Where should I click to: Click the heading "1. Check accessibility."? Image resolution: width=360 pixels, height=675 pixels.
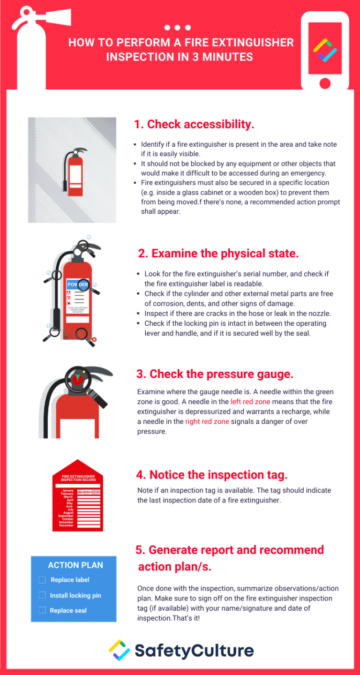coord(194,124)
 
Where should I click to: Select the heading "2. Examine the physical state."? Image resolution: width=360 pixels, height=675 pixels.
coord(218,254)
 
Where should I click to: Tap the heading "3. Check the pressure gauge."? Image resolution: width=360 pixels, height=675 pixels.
coord(215,374)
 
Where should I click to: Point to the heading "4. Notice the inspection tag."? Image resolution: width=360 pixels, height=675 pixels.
coord(212,475)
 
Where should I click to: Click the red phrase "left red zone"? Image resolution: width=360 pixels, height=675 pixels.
coord(250,402)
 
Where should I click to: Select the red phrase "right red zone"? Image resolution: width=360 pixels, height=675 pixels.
coord(207,421)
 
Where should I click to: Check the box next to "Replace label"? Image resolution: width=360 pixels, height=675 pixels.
coord(42,580)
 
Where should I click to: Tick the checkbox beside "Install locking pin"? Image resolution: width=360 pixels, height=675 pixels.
coord(42,595)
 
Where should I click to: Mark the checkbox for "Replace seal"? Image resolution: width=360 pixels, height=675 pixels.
coord(42,610)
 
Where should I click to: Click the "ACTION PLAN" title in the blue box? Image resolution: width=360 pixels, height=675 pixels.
coord(75,565)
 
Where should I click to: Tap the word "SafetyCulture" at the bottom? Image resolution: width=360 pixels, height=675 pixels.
coord(194,651)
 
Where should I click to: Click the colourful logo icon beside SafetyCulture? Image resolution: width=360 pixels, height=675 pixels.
coord(119,651)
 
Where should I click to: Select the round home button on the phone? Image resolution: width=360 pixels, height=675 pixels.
coord(324,83)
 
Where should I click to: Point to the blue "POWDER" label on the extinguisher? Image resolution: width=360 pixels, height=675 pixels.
coord(78,285)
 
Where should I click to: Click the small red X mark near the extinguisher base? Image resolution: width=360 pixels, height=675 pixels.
coord(94,339)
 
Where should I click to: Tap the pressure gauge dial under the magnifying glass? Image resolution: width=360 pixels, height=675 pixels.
coord(77,379)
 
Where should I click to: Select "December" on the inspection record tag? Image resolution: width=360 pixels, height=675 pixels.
coord(66,525)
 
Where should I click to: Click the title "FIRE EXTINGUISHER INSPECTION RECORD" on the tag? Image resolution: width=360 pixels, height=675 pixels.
coord(78,478)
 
